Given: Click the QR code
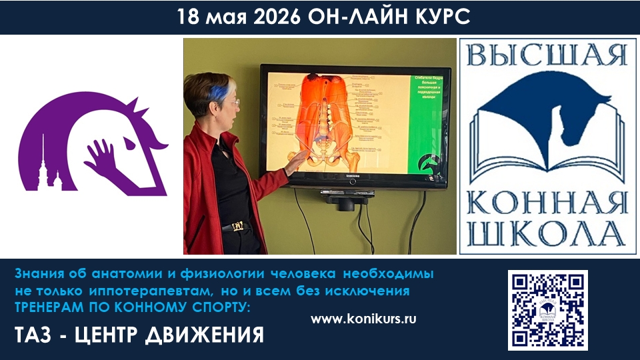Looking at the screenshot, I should click(x=547, y=309).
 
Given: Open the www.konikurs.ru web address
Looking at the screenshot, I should click(x=363, y=319).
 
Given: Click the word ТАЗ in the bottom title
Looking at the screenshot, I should click(x=34, y=334).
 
